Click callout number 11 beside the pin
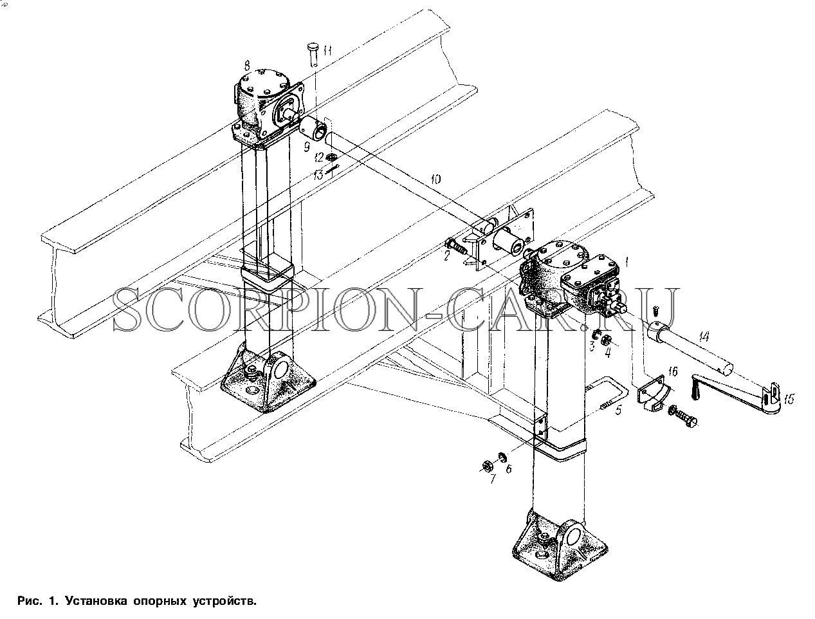[327, 51]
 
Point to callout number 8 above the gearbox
[247, 66]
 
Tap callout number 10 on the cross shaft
[436, 180]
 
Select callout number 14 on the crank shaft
[704, 337]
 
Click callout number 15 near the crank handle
[789, 399]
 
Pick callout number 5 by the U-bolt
[618, 411]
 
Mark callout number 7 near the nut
[493, 479]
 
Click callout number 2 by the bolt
[446, 255]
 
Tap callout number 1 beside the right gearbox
[627, 263]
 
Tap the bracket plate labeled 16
[651, 393]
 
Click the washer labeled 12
[329, 158]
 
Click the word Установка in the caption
[96, 601]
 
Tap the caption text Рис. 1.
[37, 601]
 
